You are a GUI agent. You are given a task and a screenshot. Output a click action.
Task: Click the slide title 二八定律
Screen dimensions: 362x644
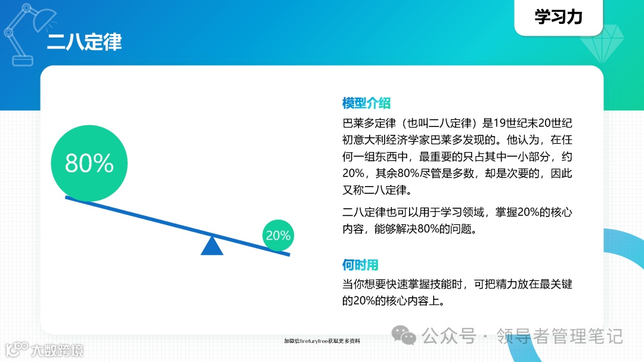pyautogui.click(x=84, y=42)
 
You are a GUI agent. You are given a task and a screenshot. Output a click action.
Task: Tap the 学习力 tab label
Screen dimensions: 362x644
pyautogui.click(x=558, y=17)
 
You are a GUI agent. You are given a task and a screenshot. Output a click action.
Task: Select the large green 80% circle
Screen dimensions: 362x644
pyautogui.click(x=89, y=163)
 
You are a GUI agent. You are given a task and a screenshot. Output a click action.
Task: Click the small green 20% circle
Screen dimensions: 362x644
pyautogui.click(x=278, y=236)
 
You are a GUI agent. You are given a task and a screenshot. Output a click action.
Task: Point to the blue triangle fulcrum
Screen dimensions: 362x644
pyautogui.click(x=212, y=246)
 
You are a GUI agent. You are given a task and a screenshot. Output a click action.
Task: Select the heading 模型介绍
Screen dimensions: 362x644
pyautogui.click(x=366, y=103)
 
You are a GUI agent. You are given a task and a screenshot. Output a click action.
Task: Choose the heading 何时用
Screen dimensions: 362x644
pyautogui.click(x=360, y=265)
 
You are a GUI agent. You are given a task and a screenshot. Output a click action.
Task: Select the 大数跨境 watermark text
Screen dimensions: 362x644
pyautogui.click(x=57, y=350)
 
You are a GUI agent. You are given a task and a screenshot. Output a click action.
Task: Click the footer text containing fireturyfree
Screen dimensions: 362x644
pyautogui.click(x=322, y=341)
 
